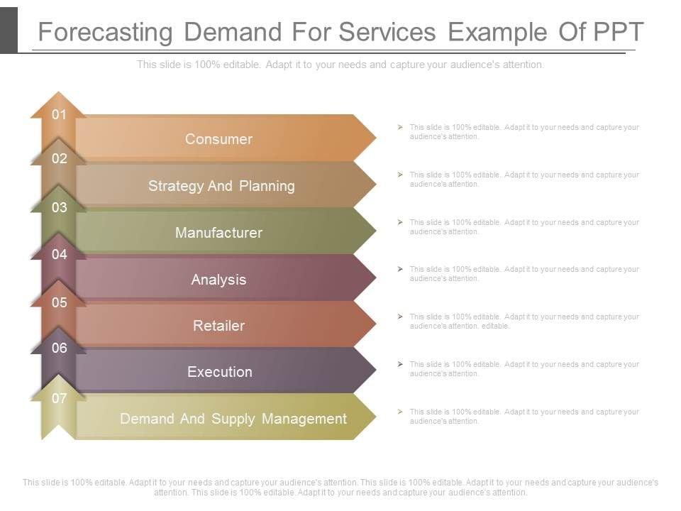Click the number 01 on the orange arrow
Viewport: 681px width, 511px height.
click(59, 114)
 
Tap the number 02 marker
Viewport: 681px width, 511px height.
click(59, 159)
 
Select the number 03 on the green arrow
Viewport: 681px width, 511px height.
click(59, 207)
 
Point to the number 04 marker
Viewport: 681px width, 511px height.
click(59, 254)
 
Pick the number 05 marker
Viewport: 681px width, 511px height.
click(59, 302)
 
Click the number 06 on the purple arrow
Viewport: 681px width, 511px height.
click(59, 348)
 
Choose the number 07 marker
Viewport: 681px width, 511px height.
click(59, 398)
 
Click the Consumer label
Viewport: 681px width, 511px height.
click(218, 139)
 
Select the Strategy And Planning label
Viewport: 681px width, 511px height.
click(221, 186)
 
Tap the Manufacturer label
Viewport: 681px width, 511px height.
click(218, 233)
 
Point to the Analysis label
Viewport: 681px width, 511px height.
click(218, 280)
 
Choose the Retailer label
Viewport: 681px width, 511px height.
click(218, 326)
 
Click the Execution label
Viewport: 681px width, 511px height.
click(219, 372)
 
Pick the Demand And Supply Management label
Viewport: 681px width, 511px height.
click(233, 419)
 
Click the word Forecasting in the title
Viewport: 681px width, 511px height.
click(105, 33)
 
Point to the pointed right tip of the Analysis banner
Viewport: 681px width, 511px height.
click(374, 278)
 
